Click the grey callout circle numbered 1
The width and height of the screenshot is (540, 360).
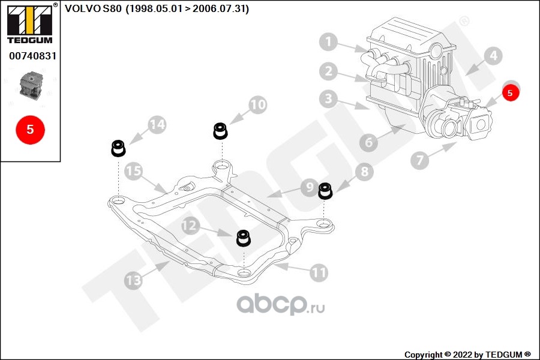328,43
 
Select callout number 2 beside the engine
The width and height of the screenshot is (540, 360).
328,72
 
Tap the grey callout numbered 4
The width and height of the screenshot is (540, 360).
493,57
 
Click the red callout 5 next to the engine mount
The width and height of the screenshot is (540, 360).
510,92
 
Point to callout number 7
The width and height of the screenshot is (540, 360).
419,160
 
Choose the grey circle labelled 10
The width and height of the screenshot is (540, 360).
257,105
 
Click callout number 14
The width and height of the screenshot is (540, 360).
157,125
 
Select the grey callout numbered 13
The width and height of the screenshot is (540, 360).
133,280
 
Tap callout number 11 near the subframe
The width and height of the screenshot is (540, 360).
319,273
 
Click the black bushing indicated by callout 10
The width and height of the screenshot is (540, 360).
221,131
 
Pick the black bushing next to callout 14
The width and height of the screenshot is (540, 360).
118,148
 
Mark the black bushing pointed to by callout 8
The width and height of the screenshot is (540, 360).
325,190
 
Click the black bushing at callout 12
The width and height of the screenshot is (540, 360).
243,238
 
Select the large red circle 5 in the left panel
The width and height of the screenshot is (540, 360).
30,128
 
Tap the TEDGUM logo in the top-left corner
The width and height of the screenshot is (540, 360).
29,23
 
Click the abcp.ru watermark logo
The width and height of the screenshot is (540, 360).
281,304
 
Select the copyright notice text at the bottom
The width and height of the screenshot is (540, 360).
467,355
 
